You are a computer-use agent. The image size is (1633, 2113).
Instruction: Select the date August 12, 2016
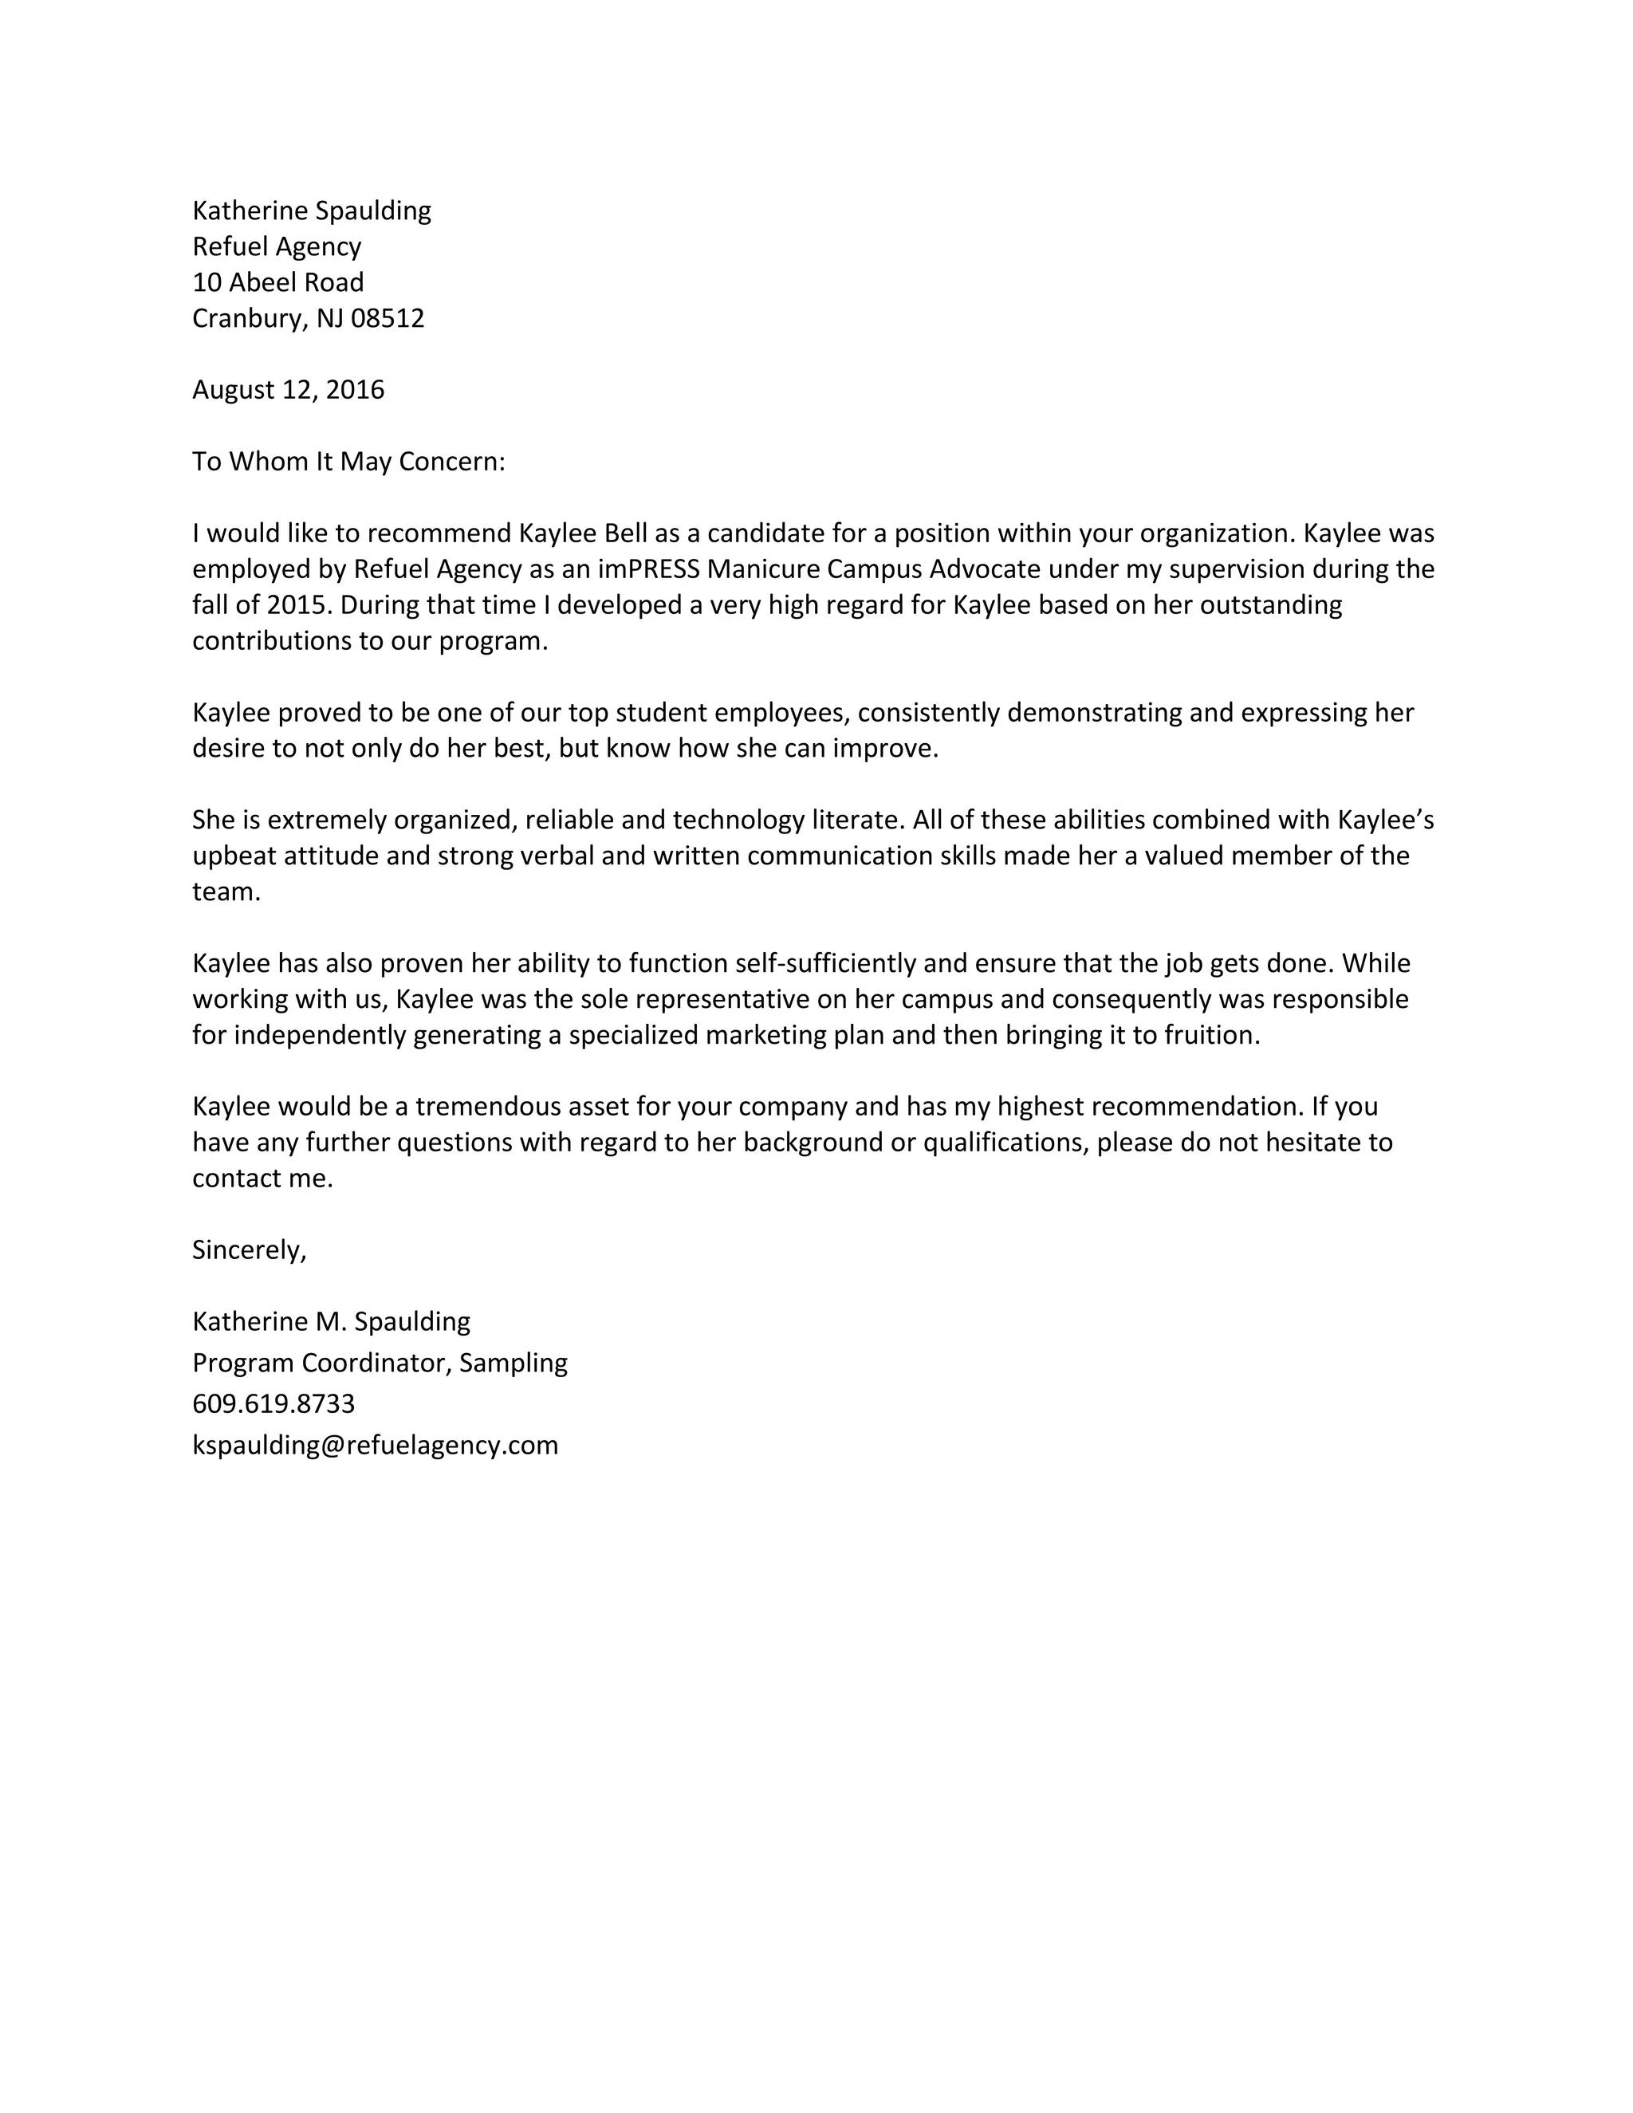tap(289, 390)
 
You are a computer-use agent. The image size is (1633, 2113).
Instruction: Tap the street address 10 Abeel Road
tap(277, 282)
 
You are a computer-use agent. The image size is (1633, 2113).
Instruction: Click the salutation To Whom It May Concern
tap(348, 462)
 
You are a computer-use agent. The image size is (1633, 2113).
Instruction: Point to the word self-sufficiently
tap(825, 962)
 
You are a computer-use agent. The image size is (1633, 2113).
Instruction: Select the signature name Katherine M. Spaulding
tap(331, 1320)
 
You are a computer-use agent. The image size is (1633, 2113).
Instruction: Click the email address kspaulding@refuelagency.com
tap(376, 1445)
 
